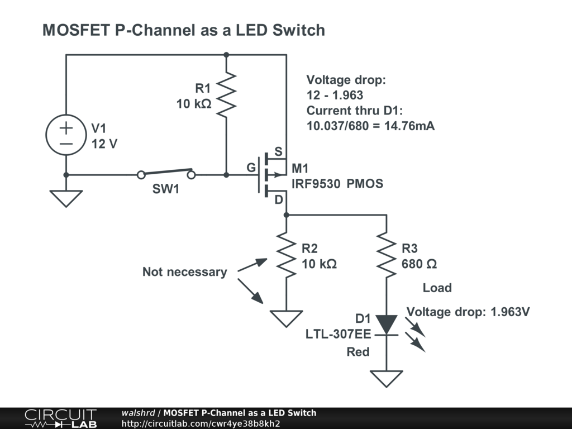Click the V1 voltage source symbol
coord(66,136)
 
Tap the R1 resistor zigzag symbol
coord(226,95)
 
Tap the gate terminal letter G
coord(251,168)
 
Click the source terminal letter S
coord(278,152)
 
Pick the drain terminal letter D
coord(278,200)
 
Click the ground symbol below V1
coord(66,198)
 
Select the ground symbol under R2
coord(286,318)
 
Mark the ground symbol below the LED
coord(386,378)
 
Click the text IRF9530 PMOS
coord(337,183)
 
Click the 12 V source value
coord(104,144)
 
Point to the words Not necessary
coord(184,272)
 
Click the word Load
coord(437,288)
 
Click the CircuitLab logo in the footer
coord(60,418)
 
